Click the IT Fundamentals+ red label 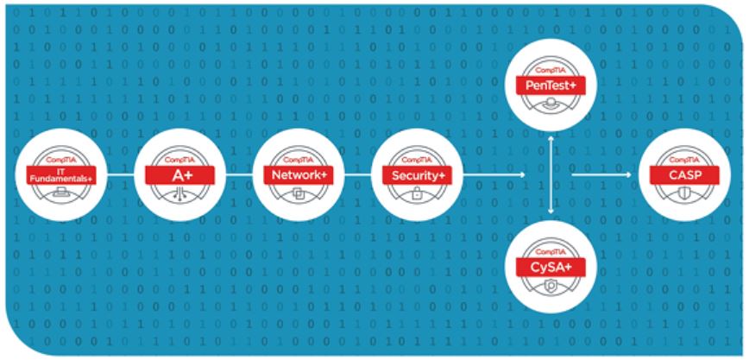61,175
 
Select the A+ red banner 179,175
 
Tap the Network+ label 299,175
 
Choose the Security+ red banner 417,175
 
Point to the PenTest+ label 551,85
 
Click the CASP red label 684,175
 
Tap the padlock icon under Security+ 417,194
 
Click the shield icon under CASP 684,194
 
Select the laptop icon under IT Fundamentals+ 61,193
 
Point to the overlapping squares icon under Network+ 299,194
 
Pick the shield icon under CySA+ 551,286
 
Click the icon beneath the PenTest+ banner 551,103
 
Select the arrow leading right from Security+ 494,175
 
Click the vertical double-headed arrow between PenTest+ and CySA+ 551,174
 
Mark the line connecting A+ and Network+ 239,175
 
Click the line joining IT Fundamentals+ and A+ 121,175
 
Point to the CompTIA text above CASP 684,161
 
